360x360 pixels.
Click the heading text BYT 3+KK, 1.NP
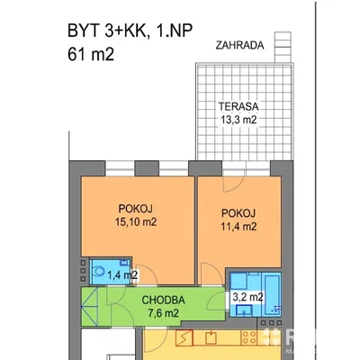pyautogui.click(x=130, y=31)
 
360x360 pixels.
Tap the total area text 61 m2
pyautogui.click(x=91, y=55)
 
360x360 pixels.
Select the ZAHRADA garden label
pyautogui.click(x=239, y=45)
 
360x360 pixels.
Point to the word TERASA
pyautogui.click(x=238, y=106)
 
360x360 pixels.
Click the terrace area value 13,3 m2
pyautogui.click(x=238, y=120)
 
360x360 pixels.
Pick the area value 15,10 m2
pyautogui.click(x=136, y=222)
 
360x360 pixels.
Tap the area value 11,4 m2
pyautogui.click(x=238, y=227)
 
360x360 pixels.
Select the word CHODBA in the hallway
pyautogui.click(x=163, y=300)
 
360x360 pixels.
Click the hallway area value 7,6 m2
pyautogui.click(x=163, y=313)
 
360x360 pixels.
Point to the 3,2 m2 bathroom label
pyautogui.click(x=247, y=297)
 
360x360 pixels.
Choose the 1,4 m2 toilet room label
pyautogui.click(x=122, y=274)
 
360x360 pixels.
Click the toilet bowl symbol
pyautogui.click(x=98, y=272)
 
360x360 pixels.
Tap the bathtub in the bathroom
pyautogui.click(x=273, y=294)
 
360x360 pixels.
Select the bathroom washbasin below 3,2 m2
pyautogui.click(x=244, y=310)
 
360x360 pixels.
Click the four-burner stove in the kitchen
pyautogui.click(x=249, y=337)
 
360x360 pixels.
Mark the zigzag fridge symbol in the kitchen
pyautogui.click(x=184, y=337)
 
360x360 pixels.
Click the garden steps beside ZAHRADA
pyautogui.click(x=283, y=47)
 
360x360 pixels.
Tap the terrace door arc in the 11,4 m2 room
pyautogui.click(x=229, y=184)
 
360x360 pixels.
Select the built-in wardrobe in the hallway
pyautogui.click(x=90, y=307)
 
